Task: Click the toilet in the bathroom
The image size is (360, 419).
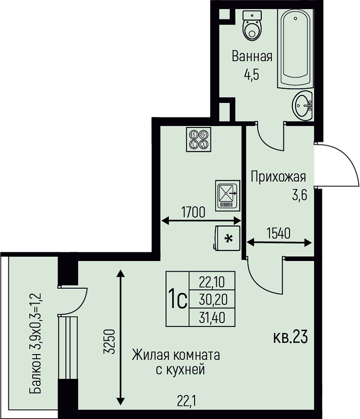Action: point(252,26)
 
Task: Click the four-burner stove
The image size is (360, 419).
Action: point(199,139)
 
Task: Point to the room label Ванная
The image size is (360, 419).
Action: point(252,57)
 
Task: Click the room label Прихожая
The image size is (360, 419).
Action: point(278,177)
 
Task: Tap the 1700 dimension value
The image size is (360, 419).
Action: point(193,212)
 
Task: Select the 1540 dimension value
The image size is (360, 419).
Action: point(278,233)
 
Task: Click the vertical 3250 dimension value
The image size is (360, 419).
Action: point(109,342)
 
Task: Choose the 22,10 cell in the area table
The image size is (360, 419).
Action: point(212,282)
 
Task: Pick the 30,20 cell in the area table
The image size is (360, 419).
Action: point(212,300)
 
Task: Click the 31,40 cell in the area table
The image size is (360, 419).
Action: point(212,318)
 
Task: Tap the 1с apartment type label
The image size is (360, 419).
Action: point(177,300)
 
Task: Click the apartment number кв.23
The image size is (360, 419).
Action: point(290,337)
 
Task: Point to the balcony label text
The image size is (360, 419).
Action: point(35,344)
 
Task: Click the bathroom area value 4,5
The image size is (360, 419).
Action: point(251,75)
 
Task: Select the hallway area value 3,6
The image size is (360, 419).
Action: point(299,195)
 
